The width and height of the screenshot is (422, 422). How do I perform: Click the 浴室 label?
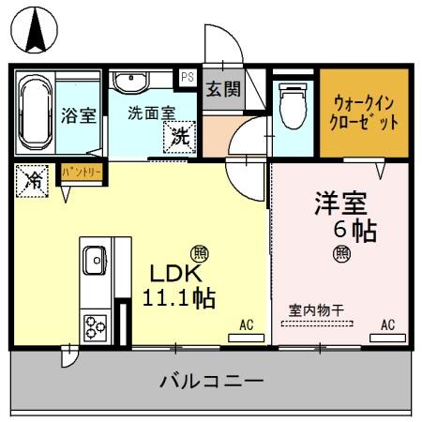[79, 115]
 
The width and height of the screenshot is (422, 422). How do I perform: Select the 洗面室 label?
[151, 111]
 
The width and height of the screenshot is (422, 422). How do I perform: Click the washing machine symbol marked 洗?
[180, 136]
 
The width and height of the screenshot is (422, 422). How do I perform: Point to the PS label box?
[188, 78]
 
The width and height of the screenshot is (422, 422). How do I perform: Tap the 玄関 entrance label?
[223, 91]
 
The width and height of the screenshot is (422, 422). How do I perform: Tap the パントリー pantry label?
[82, 172]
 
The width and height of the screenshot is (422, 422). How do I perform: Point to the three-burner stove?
[95, 325]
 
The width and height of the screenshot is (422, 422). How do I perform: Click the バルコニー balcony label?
[211, 381]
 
